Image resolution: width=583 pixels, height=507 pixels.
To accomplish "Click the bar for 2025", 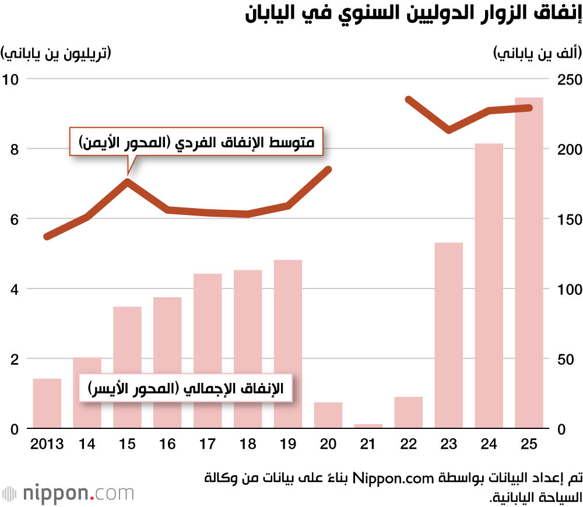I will (529, 263).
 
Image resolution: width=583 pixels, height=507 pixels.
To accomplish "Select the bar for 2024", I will (489, 286).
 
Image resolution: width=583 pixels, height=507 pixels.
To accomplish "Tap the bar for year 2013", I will (47, 403).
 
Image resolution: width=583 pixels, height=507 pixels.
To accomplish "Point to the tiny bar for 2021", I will (368, 426).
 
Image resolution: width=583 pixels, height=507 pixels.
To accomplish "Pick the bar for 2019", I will (288, 344).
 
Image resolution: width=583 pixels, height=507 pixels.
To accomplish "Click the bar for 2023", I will (448, 335).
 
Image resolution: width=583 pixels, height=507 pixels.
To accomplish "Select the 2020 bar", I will (328, 415).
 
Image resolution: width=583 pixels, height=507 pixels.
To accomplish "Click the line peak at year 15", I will (127, 181).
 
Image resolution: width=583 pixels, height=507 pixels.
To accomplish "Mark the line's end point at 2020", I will (328, 170).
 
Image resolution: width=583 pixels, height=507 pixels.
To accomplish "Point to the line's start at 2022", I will (409, 100).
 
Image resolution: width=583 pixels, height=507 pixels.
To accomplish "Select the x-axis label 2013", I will (47, 445).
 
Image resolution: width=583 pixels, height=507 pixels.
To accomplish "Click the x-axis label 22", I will (409, 445).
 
